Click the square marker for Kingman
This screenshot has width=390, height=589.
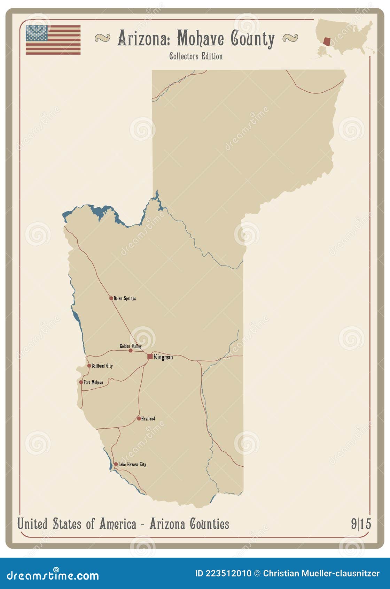(150, 356)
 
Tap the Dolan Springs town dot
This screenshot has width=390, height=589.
(111, 298)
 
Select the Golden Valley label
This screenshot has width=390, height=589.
(131, 346)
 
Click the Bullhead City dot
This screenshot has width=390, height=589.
(89, 366)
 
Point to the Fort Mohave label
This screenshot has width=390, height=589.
(93, 382)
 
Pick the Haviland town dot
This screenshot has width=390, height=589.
(139, 418)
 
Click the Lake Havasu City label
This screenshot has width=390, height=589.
(132, 464)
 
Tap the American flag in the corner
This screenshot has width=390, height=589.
(53, 40)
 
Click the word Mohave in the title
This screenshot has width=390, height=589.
(200, 38)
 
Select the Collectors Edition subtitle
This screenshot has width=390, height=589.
(196, 56)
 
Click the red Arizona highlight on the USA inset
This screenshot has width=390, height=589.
(327, 41)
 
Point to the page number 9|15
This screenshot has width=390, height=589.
(361, 524)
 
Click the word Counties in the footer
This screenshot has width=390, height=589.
(209, 524)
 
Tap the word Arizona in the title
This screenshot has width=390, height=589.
(143, 38)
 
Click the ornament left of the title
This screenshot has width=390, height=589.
(102, 38)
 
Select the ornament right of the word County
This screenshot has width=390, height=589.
(290, 38)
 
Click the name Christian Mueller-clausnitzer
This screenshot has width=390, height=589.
(321, 573)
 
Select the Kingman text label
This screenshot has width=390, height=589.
(163, 357)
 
